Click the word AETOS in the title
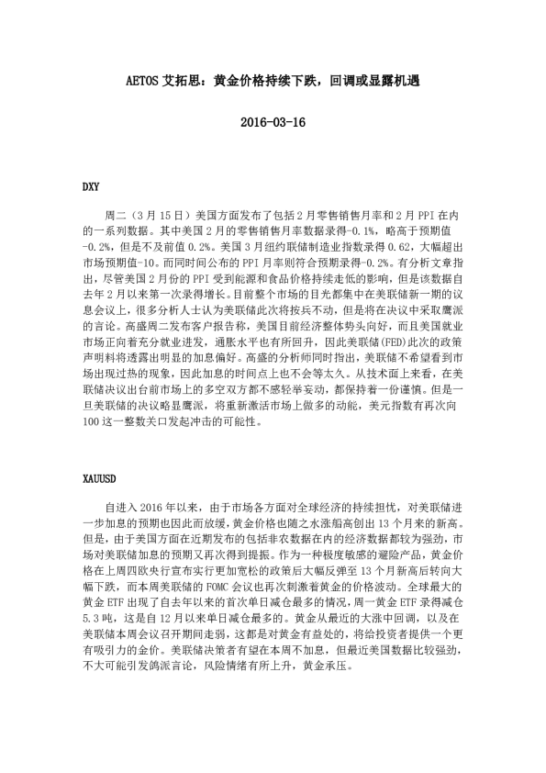click(144, 80)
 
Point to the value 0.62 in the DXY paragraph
click(405, 246)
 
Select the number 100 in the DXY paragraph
click(92, 424)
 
